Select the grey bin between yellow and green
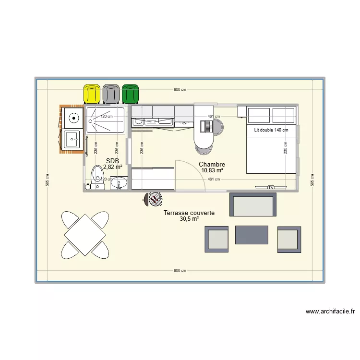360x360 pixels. [x=111, y=94]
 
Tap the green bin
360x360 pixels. [x=130, y=94]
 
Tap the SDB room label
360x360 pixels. [x=112, y=161]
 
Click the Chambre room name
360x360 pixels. [x=212, y=164]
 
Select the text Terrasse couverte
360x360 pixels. [x=189, y=213]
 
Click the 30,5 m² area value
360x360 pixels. [x=189, y=219]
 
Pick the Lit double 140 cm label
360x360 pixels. [x=271, y=130]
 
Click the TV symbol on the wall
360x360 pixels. [x=271, y=187]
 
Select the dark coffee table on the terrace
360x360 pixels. [x=252, y=235]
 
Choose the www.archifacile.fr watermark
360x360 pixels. [x=330, y=312]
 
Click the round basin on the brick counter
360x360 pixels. [x=73, y=117]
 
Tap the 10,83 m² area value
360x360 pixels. [x=212, y=170]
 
